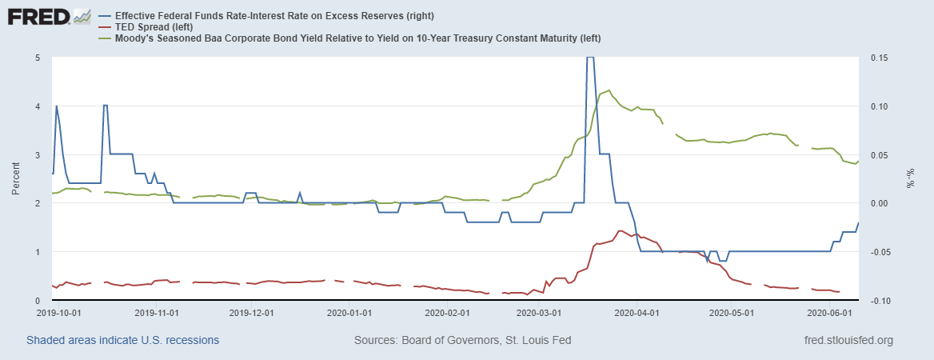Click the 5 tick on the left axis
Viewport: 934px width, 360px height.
[x=38, y=58]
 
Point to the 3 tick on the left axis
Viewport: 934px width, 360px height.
[x=38, y=154]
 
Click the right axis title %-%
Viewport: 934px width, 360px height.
[x=908, y=178]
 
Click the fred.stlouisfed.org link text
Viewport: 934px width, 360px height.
[x=848, y=340]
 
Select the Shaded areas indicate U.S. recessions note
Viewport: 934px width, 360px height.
[x=122, y=340]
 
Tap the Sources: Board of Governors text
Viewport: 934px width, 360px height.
[x=462, y=340]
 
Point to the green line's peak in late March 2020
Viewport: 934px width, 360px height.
[x=610, y=90]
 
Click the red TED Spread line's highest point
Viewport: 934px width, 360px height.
[x=620, y=230]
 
